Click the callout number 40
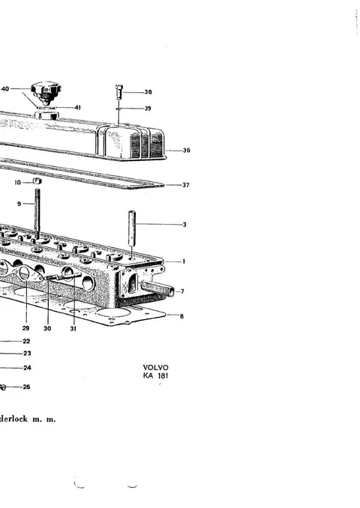(x=5, y=88)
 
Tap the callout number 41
(x=77, y=108)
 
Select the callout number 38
(x=148, y=92)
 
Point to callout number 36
(x=186, y=151)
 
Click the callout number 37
(x=185, y=185)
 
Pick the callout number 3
(x=184, y=225)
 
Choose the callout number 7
(x=182, y=291)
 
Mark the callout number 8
(x=181, y=316)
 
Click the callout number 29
(x=25, y=328)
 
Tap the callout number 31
(x=73, y=328)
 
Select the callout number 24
(x=27, y=368)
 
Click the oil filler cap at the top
(x=46, y=92)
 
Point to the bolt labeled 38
(x=118, y=91)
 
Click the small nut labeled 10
(x=37, y=181)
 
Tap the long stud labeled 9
(x=37, y=214)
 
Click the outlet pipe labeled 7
(x=157, y=288)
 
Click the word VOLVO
(x=156, y=367)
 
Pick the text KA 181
(x=156, y=376)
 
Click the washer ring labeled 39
(x=118, y=109)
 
